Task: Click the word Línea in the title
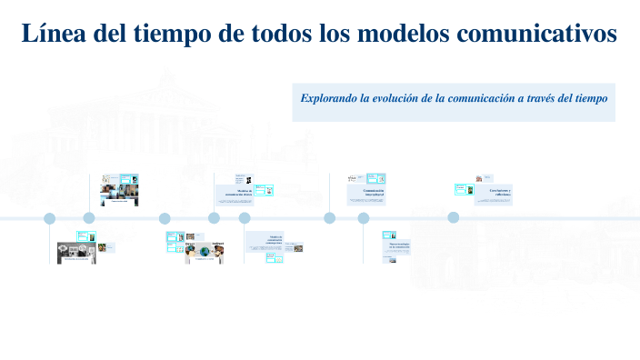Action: coord(47,34)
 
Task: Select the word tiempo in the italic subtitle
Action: coord(587,96)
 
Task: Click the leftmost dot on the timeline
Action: coord(50,218)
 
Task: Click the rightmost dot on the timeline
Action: coord(453,217)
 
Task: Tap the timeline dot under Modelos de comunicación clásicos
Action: coord(215,218)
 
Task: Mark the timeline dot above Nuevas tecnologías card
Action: coord(364,218)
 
